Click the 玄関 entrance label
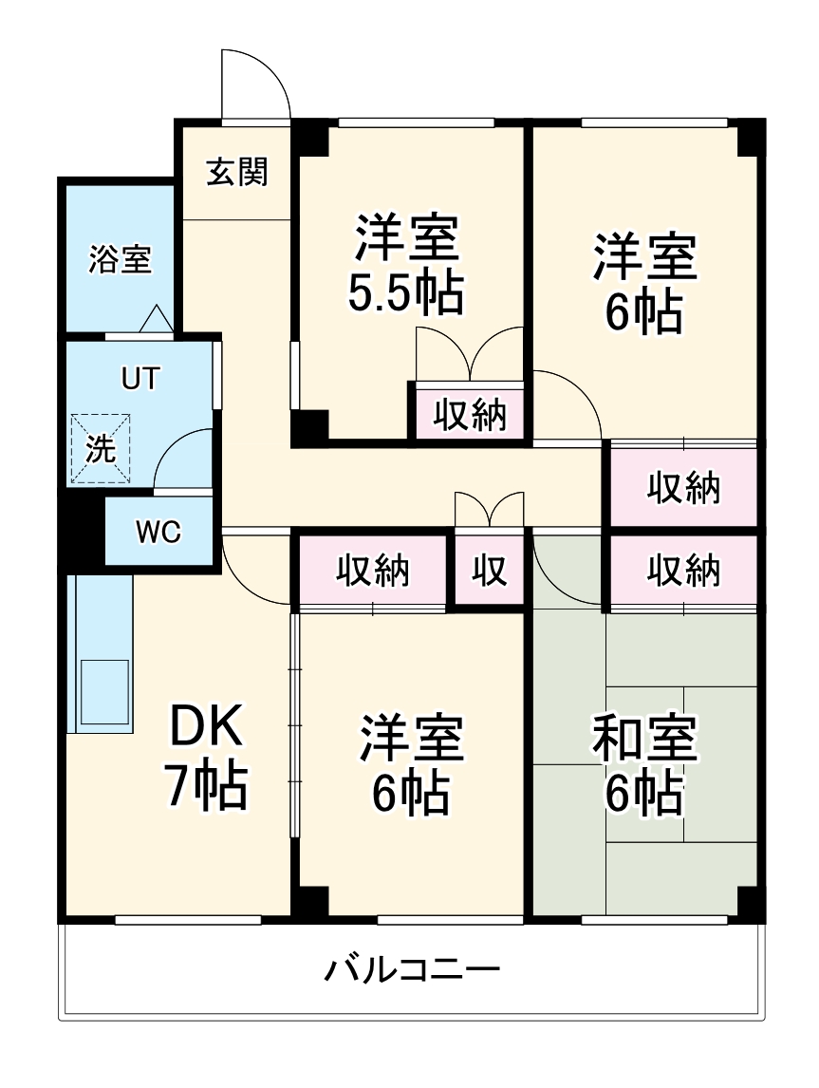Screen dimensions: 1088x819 point(237,172)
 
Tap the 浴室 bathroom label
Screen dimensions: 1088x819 point(120,259)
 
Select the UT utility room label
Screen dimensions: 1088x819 point(140,378)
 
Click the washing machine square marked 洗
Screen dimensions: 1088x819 point(101,449)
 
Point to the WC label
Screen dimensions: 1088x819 point(158,533)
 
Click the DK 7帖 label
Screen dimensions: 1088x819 point(207,758)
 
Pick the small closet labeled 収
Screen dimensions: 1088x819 point(490,571)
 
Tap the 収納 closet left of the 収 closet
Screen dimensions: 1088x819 point(373,571)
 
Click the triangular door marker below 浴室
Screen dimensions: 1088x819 point(156,319)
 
